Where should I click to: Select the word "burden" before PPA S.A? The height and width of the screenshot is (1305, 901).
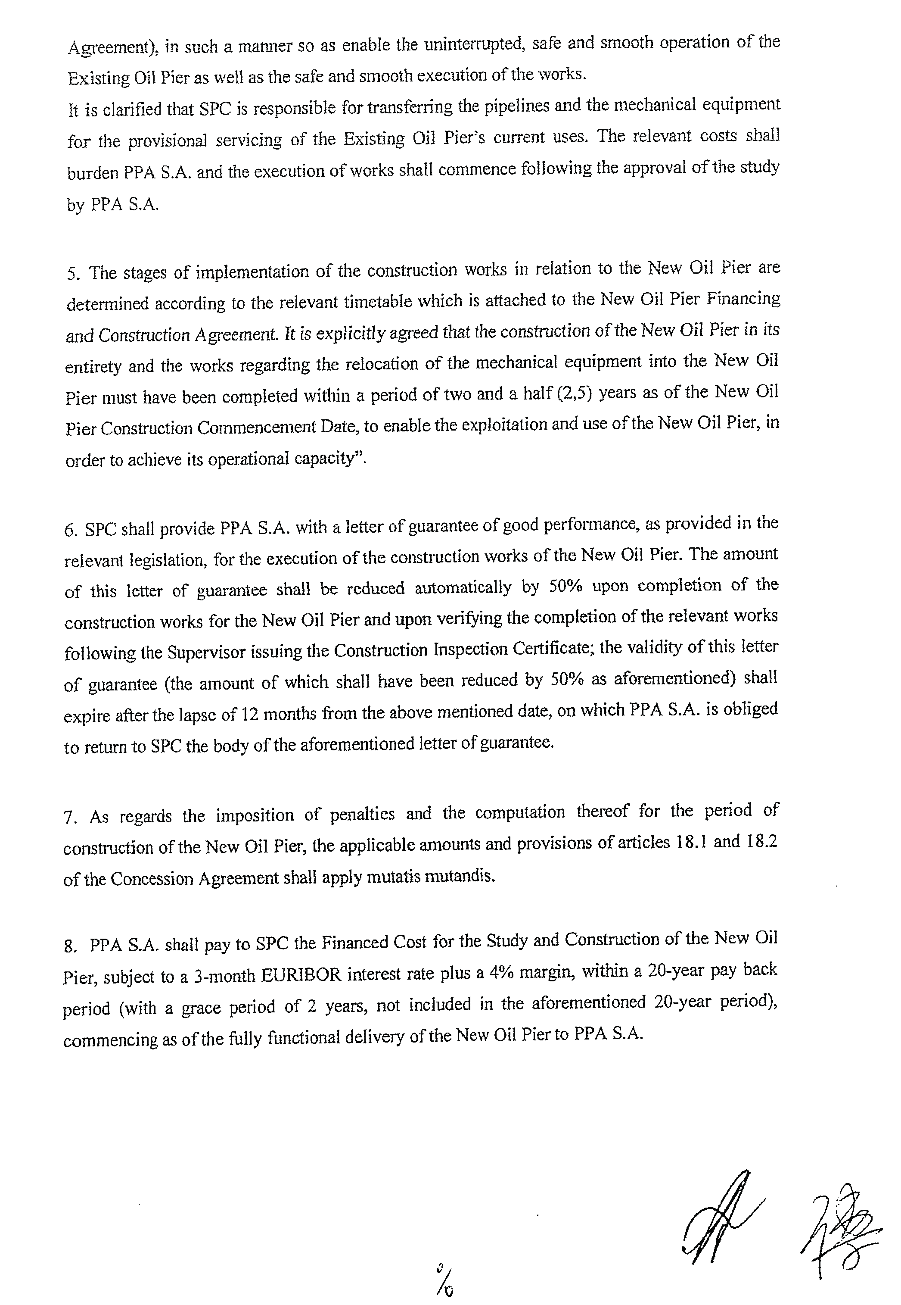(93, 173)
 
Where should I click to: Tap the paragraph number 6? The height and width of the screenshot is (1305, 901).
(70, 531)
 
